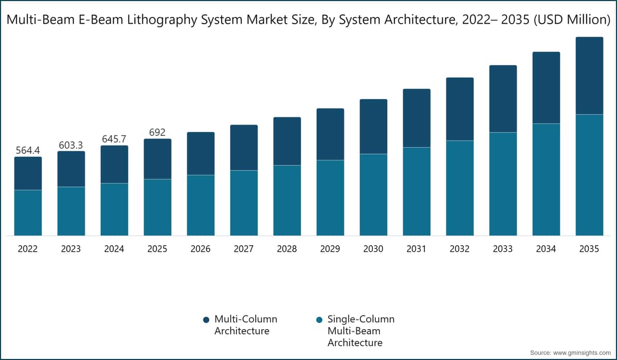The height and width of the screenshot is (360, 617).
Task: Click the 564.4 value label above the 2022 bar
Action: coord(28,150)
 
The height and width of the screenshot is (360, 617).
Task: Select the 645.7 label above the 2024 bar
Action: coord(114,139)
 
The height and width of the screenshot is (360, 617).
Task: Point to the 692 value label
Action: coord(157,132)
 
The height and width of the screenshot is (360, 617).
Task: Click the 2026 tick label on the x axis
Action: coord(201,249)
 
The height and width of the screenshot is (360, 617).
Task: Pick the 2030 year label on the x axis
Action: coord(373,249)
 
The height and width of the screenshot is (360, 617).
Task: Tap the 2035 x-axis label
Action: coord(589,249)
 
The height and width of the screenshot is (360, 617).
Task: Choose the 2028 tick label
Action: coord(287,249)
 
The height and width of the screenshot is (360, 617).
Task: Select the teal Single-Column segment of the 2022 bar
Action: coord(28,212)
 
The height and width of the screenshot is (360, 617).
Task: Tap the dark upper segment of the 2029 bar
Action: coord(330,134)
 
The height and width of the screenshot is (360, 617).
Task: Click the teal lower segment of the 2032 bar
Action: coord(460,188)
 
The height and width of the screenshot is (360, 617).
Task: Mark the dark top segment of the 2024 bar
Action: coord(114,164)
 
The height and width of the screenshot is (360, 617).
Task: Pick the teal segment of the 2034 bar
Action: coord(546,179)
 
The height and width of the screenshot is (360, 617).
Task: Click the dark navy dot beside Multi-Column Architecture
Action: coord(207,320)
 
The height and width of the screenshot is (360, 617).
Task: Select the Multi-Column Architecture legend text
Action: coord(245,325)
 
